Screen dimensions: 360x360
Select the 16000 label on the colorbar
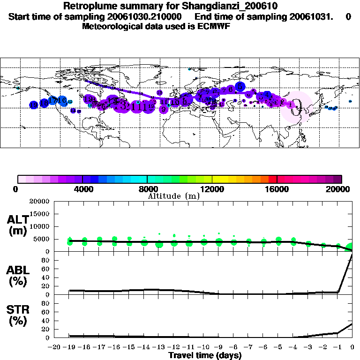point(277,189)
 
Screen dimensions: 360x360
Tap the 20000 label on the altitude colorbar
point(341,189)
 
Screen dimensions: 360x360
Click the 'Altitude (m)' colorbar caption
point(173,196)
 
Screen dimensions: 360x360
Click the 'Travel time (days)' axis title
point(205,356)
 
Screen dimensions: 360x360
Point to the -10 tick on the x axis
point(204,347)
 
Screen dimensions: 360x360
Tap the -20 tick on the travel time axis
point(55,347)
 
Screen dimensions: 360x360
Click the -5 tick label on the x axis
point(278,347)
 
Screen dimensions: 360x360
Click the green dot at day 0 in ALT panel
point(351,247)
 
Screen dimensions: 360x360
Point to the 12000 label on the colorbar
point(212,189)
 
